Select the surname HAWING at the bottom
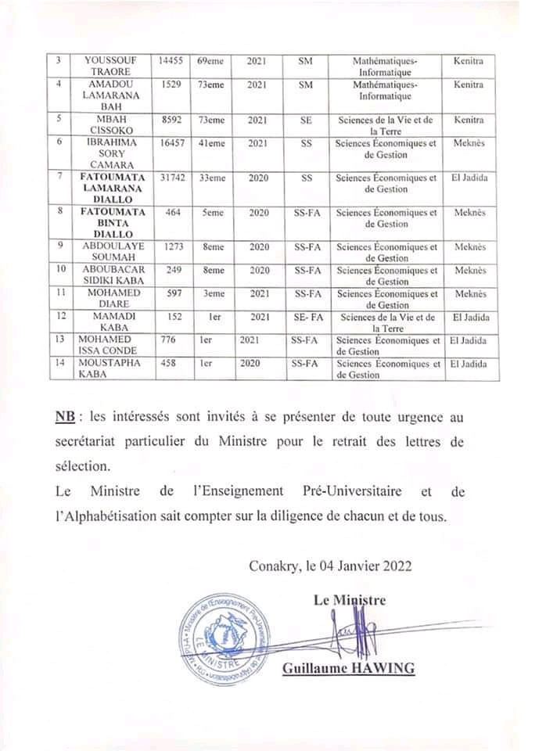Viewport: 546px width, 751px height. pyautogui.click(x=383, y=668)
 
